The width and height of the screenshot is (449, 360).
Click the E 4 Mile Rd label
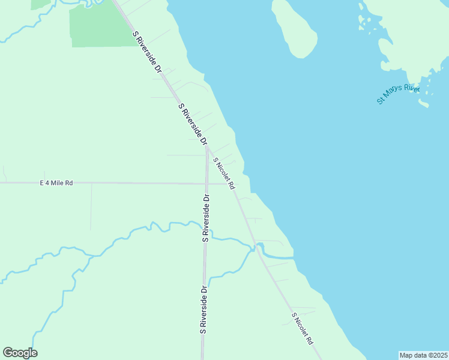(56, 183)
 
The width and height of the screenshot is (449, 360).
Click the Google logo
(20, 353)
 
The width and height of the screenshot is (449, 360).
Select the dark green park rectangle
(99, 26)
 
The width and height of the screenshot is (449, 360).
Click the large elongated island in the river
(294, 27)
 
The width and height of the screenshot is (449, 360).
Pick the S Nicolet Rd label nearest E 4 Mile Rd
(224, 174)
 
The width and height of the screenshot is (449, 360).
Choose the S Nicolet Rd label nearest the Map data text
(303, 328)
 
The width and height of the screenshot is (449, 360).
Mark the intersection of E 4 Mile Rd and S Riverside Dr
(206, 183)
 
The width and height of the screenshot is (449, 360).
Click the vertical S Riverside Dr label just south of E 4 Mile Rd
(206, 217)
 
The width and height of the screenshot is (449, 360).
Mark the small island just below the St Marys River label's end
(424, 104)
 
